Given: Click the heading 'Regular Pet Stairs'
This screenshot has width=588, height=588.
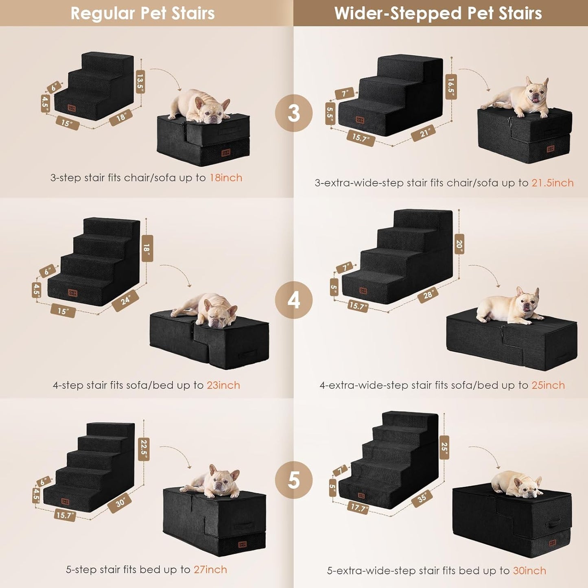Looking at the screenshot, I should [142, 13].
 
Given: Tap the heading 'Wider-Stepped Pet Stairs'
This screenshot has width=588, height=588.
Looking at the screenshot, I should [438, 13].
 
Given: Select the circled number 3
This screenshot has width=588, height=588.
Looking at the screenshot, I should [294, 113].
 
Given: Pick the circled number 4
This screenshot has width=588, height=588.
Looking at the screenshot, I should [294, 300].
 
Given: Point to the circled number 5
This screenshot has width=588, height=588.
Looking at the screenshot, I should [294, 480].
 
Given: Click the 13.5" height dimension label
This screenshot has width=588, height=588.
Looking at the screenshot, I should [140, 81].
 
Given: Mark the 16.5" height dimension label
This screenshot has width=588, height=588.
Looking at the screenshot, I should [451, 86].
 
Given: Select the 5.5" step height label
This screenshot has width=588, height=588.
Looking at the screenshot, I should [330, 114].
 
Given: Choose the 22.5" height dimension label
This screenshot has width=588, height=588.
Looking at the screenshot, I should [144, 449].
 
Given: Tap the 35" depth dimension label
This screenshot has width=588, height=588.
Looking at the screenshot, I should [422, 497].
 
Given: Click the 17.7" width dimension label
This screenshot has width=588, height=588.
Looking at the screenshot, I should [358, 507].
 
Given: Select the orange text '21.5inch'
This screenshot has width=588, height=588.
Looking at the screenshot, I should [552, 183].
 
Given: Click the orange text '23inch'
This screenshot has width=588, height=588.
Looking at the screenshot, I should [223, 385].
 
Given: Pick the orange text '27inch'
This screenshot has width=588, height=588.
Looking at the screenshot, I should [210, 569].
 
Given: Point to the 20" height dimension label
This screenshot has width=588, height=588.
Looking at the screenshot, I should [459, 244].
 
